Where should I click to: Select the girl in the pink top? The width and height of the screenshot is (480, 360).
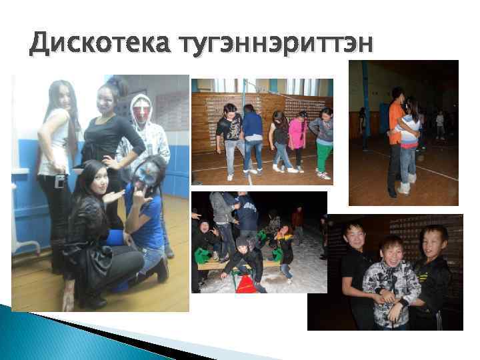[x=297, y=133]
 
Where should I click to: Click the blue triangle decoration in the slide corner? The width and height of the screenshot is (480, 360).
[x=40, y=327]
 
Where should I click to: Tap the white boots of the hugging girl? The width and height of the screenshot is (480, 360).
[x=405, y=187]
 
